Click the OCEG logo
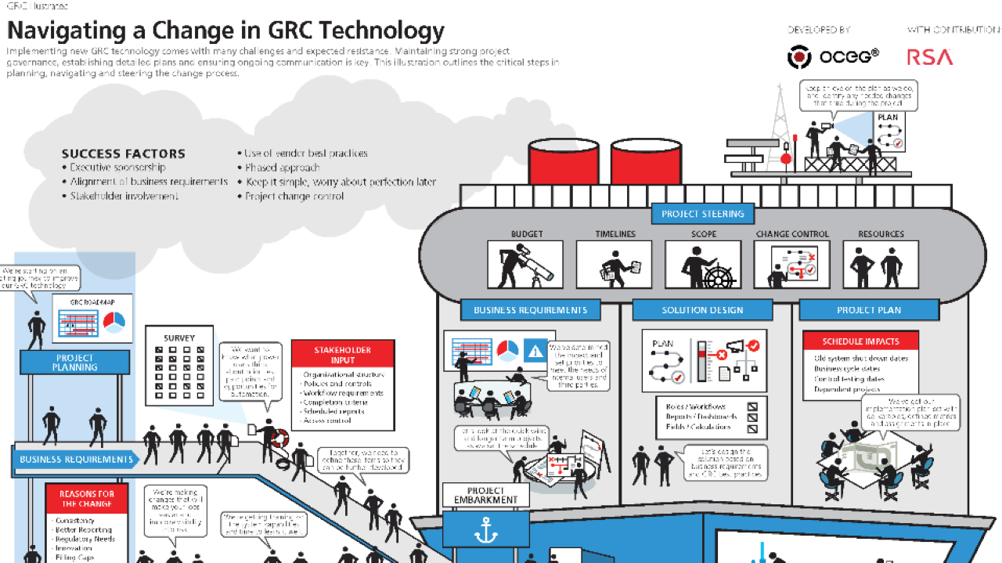[x=833, y=57]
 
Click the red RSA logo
[x=930, y=57]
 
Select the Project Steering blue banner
[x=703, y=214]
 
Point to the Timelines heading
[x=615, y=233]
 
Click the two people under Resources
[x=880, y=264]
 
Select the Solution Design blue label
[x=702, y=310]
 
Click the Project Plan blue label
[x=868, y=310]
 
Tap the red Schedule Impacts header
[x=860, y=341]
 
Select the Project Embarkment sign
[x=486, y=495]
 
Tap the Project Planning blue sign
[x=75, y=362]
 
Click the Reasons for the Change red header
[x=87, y=499]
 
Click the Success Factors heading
[x=123, y=153]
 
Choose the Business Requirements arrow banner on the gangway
[x=76, y=460]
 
